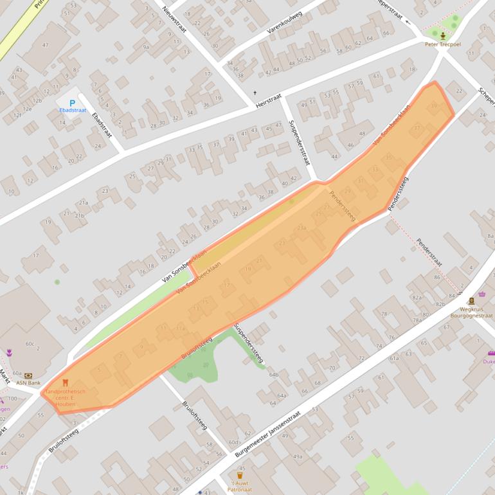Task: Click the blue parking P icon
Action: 72,102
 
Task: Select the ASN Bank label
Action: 28,382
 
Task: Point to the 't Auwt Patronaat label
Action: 239,486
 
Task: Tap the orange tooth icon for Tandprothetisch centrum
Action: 65,382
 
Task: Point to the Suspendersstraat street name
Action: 299,141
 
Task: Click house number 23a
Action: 301,228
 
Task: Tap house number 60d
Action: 234,442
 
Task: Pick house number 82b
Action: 440,304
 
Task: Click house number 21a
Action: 83,203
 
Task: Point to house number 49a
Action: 298,456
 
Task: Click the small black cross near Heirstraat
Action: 255,93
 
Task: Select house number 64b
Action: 274,374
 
